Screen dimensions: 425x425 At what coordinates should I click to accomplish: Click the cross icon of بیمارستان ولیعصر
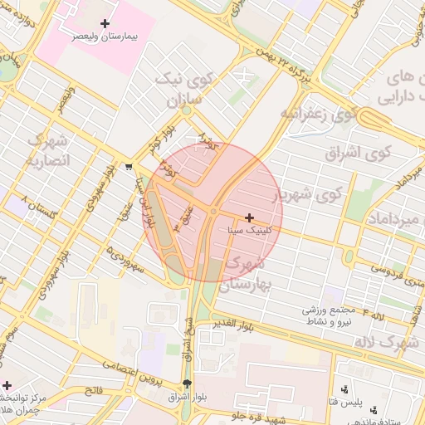[104, 23]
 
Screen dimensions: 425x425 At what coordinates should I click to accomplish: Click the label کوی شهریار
[308, 194]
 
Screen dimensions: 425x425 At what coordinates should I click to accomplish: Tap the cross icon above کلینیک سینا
[249, 217]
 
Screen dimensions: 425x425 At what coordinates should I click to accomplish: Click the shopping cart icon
[127, 165]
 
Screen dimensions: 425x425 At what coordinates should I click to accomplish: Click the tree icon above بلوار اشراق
[186, 383]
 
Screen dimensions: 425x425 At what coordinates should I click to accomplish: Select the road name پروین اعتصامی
[129, 370]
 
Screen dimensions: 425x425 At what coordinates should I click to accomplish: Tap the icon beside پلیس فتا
[345, 389]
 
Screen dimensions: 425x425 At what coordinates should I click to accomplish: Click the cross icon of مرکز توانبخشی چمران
[7, 385]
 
